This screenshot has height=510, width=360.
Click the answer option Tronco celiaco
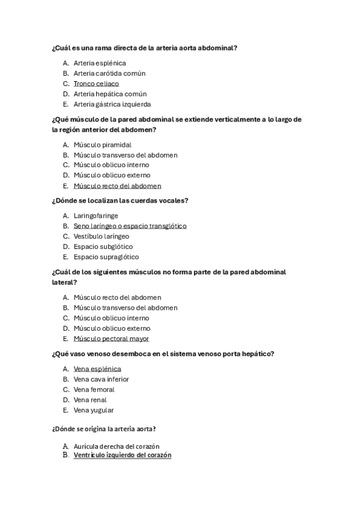96,84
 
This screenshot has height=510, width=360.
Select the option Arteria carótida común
109,73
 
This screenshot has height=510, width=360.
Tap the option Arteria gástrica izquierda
112,104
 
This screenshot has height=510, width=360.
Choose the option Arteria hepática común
110,94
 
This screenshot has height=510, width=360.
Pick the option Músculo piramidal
102,145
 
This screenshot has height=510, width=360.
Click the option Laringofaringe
96,216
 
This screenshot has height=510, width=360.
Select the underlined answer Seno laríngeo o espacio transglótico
130,226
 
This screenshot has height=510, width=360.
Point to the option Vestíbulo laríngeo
101,236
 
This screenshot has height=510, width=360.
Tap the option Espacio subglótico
103,247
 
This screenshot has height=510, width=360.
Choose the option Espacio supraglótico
106,257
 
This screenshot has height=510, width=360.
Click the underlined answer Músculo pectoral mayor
111,339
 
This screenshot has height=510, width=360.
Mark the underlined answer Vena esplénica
97,369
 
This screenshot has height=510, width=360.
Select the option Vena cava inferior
101,379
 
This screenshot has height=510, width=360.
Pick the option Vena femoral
94,390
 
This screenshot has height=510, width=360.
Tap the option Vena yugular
93,410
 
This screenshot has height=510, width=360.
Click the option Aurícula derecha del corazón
116,446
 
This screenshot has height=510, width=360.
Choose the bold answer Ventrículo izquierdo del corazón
122,455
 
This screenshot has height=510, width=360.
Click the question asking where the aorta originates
104,429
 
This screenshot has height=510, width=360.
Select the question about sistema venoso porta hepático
163,354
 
